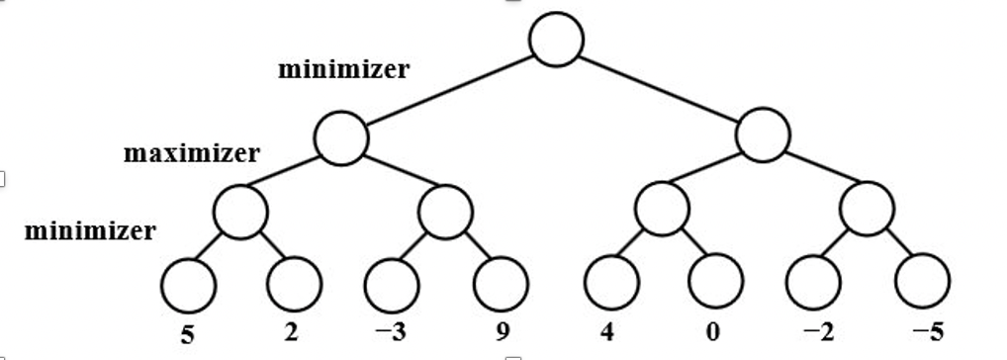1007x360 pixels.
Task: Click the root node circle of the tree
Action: click(556, 40)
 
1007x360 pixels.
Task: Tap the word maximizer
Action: click(192, 154)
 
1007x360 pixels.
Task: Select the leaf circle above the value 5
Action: click(188, 284)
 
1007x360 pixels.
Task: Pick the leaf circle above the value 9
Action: click(501, 284)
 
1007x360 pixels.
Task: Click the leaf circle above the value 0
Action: click(716, 281)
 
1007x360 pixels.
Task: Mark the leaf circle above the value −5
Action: click(922, 281)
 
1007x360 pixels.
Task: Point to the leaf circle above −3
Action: click(393, 284)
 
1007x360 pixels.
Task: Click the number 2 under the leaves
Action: click(291, 332)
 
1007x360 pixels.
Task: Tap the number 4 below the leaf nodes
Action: click(607, 332)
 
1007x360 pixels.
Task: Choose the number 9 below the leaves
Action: click(503, 333)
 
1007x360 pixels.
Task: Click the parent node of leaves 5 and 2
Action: click(240, 212)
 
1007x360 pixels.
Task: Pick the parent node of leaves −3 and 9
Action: click(445, 212)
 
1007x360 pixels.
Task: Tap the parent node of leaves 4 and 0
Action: click(662, 209)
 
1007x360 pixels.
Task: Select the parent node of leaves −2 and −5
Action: click(867, 209)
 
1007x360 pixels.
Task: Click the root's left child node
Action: click(341, 138)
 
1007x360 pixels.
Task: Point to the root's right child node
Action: click(763, 135)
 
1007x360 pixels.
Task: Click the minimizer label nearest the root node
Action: click(343, 70)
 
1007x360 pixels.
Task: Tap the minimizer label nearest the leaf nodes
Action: click(90, 232)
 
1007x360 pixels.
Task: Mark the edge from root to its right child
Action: click(660, 88)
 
